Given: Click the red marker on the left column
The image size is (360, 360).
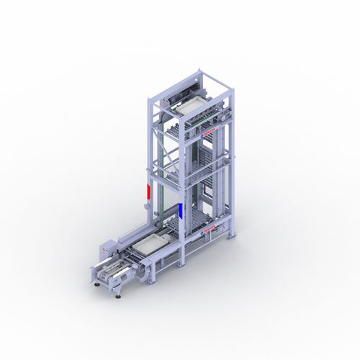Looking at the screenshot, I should tap(148, 192).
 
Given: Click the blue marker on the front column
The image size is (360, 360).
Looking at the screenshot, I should tap(179, 210).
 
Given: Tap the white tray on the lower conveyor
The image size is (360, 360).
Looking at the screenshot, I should tap(149, 244).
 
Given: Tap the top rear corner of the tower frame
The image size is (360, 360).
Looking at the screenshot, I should tap(202, 72).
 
